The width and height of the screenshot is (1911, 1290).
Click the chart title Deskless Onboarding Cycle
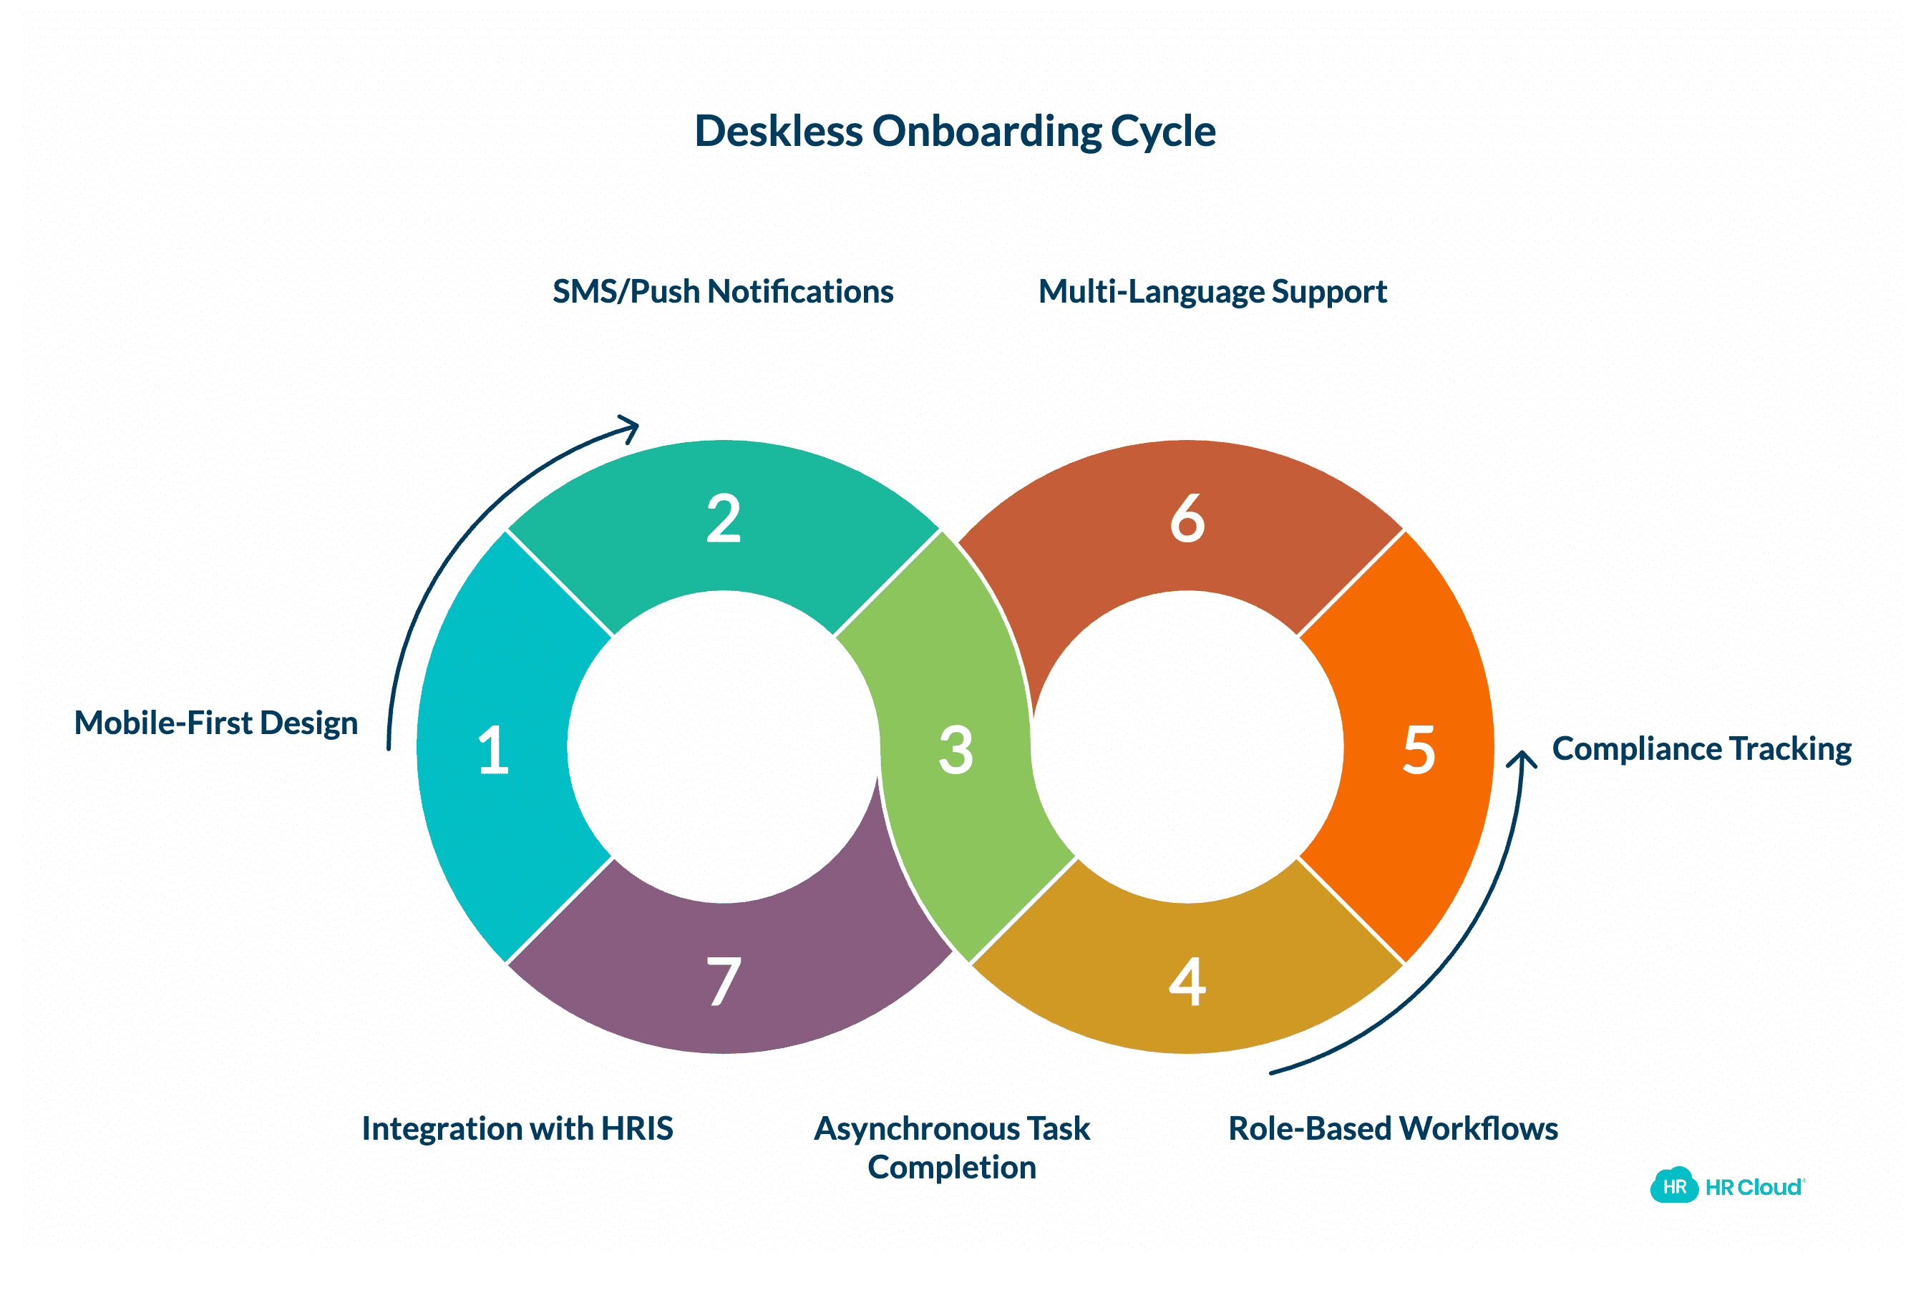pos(955,131)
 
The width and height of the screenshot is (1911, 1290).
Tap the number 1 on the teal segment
pos(493,750)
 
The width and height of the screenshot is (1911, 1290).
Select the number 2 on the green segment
pos(724,519)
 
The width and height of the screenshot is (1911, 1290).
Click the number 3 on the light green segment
pos(955,750)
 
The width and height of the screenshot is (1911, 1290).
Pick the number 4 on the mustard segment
pos(1187,982)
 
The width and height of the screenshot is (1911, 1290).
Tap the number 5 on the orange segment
pos(1419,750)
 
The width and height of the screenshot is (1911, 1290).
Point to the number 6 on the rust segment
pos(1187,519)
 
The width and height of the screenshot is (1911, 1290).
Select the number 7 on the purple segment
pos(724,982)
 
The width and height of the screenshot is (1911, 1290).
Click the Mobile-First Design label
pos(216,723)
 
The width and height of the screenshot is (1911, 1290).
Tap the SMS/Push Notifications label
pos(723,292)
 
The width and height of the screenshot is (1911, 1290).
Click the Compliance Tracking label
pos(1701,749)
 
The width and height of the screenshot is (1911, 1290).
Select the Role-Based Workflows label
pos(1393,1128)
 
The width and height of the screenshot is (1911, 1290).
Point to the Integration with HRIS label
pos(517,1128)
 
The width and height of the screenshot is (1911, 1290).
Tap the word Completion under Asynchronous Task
pos(951,1168)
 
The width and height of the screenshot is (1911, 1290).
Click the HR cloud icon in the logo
pos(1673,1186)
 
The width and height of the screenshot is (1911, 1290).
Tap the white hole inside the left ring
pos(724,746)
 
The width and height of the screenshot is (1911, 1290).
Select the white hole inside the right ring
pos(1187,746)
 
